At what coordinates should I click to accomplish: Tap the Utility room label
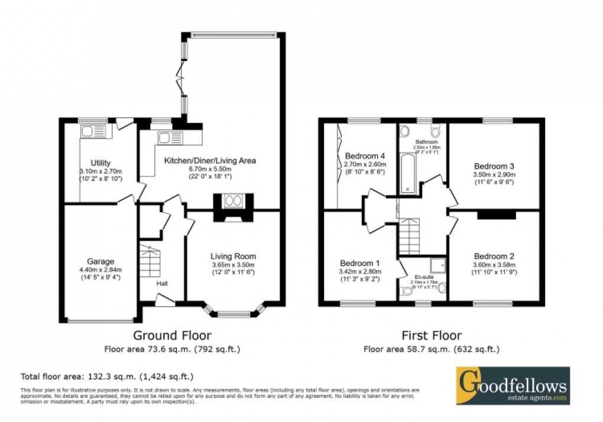101,163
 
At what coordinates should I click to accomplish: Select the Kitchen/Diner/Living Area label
210,160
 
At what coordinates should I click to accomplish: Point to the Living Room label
234,256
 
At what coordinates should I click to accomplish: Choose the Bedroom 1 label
359,263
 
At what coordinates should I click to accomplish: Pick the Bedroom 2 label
494,256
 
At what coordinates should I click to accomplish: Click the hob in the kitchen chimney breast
234,201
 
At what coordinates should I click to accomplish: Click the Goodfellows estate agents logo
513,385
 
